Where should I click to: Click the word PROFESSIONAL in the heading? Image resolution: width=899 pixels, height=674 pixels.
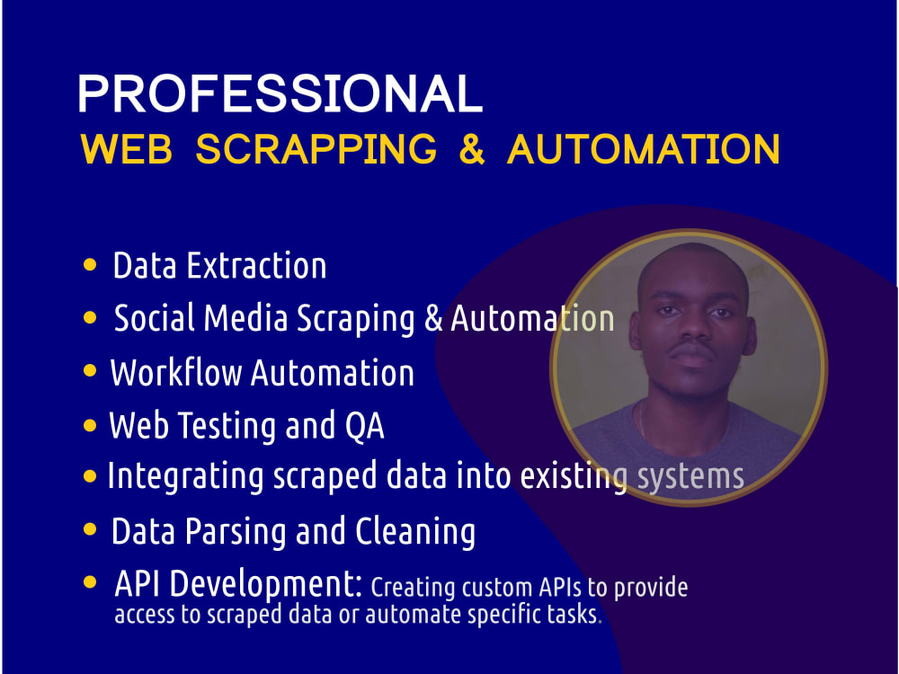click(280, 94)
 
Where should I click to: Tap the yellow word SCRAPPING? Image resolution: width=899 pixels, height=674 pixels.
click(316, 149)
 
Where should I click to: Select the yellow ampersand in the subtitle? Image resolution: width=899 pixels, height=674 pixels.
click(472, 149)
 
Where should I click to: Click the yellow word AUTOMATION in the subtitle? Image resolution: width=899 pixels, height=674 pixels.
click(644, 149)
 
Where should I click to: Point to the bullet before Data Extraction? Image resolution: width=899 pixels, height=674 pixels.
click(89, 265)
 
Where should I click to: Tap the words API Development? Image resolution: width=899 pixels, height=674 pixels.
click(238, 584)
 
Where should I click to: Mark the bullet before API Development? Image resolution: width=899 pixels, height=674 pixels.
click(89, 582)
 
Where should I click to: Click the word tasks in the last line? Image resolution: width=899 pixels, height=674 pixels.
click(572, 616)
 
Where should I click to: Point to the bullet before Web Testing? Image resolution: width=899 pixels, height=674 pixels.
click(89, 426)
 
